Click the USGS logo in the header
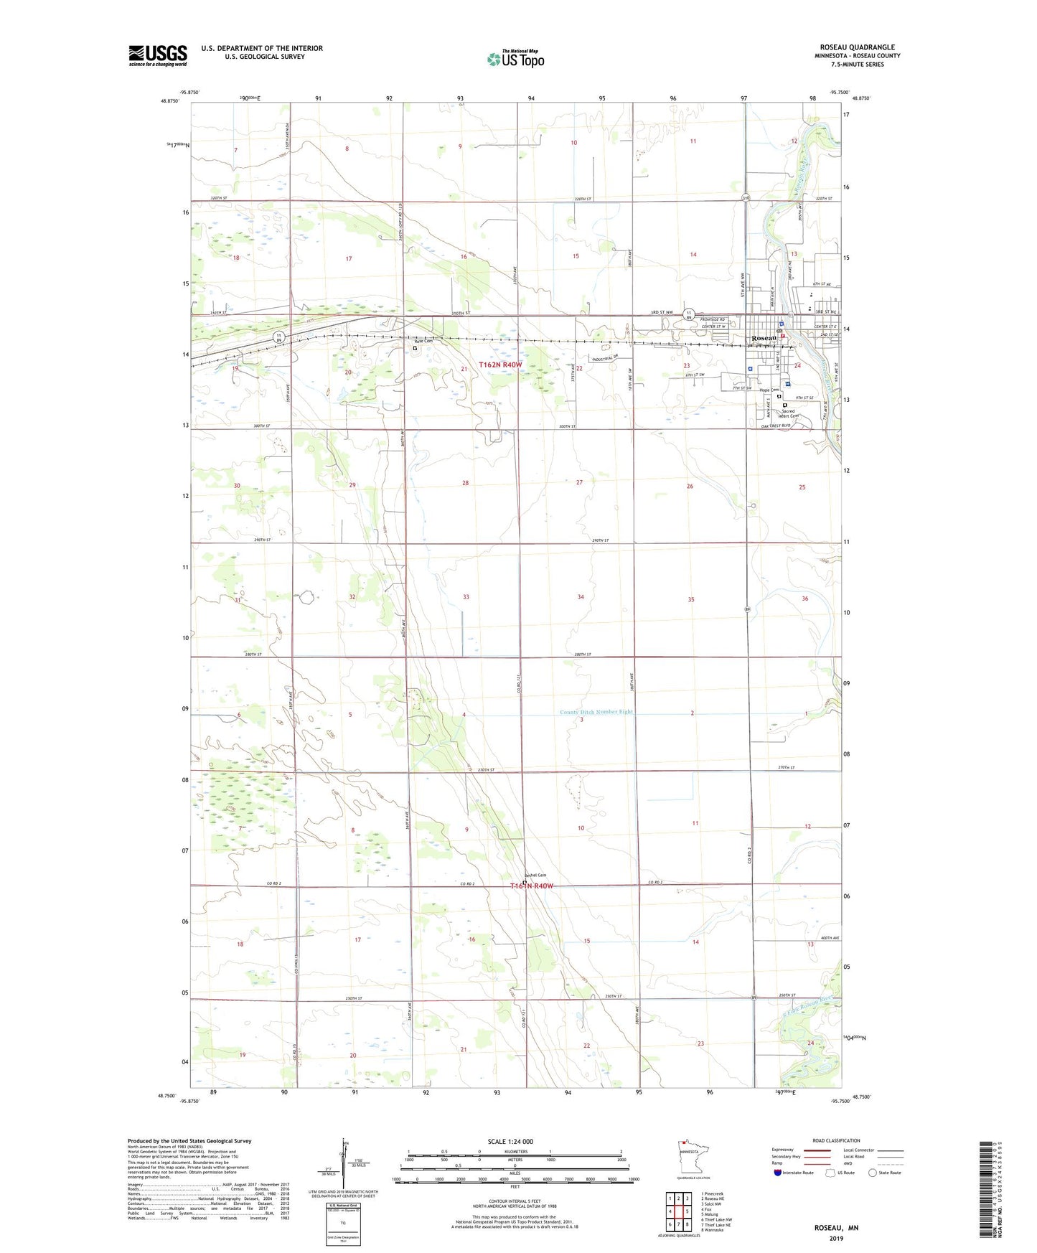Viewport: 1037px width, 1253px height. (x=158, y=55)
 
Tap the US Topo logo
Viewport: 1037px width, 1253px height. (x=515, y=59)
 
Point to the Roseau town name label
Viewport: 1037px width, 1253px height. (x=764, y=338)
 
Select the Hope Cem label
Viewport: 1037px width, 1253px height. (x=769, y=390)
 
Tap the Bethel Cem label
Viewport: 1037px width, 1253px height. (x=535, y=875)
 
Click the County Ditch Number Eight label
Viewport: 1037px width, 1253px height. (x=596, y=712)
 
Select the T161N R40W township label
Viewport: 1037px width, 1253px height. (x=532, y=886)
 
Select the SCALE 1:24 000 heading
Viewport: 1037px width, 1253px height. (x=510, y=1142)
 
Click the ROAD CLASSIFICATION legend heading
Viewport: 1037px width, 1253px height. (x=836, y=1140)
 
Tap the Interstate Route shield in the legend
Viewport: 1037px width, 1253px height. (x=779, y=1173)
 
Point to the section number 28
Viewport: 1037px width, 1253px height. (x=465, y=483)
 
